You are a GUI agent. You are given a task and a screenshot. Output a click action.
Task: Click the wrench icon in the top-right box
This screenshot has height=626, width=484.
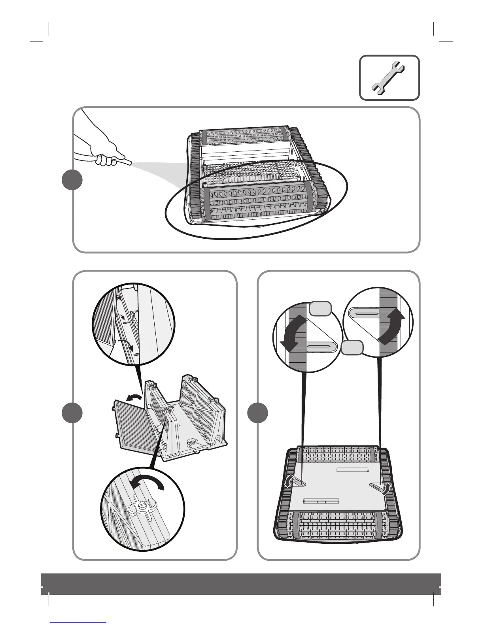(389, 77)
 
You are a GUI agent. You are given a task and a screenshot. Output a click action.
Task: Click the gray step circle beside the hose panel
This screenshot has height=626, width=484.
(72, 180)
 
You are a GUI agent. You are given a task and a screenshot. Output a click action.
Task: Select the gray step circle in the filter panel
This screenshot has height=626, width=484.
(72, 413)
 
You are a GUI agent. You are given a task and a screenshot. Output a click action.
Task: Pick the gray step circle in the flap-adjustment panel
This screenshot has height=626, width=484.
(257, 413)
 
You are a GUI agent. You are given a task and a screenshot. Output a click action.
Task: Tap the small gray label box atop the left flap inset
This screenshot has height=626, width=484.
(320, 308)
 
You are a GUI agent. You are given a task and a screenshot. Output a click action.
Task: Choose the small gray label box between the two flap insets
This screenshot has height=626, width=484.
(352, 348)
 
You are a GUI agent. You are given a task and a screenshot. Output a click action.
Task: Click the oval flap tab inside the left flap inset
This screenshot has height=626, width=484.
(320, 346)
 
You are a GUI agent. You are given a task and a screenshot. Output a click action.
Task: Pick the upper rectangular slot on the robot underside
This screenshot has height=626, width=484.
(352, 470)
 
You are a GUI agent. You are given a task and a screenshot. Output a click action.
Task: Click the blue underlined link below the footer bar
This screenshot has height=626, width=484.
(79, 622)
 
